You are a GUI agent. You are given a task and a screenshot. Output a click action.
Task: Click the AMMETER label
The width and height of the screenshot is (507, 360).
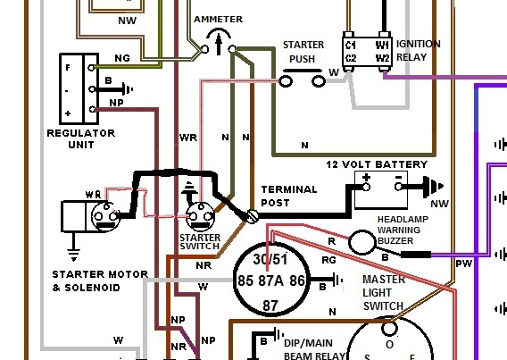tap(219, 20)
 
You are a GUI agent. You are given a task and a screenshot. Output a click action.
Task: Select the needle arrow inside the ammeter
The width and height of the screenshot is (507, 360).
tap(219, 44)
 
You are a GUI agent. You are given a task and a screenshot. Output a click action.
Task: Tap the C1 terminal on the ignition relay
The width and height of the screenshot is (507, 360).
tap(351, 45)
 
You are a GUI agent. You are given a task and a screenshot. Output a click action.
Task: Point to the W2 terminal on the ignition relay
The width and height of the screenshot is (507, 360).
tap(382, 58)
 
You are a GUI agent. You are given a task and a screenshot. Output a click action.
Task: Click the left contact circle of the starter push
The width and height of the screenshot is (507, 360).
tap(286, 81)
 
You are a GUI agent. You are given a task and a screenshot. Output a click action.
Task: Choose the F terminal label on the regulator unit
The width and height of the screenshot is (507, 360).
tap(68, 68)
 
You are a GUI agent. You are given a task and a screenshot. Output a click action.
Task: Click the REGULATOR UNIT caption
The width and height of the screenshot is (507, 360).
tap(81, 138)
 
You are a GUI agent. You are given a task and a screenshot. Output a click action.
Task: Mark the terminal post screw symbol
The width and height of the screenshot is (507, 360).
tap(253, 216)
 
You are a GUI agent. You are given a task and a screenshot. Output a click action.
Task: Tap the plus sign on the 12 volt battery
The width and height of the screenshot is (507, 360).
tap(366, 177)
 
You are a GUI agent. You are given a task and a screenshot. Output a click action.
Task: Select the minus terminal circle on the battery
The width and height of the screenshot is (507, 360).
tap(398, 187)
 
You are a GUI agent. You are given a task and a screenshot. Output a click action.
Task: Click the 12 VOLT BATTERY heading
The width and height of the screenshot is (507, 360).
tap(377, 164)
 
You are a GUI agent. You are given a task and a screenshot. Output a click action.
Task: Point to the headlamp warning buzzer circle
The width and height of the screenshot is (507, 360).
tap(362, 242)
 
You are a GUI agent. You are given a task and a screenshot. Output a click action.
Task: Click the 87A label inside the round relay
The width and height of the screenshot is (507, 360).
tap(271, 280)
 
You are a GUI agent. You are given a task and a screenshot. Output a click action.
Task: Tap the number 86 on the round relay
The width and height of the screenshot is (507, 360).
tap(297, 280)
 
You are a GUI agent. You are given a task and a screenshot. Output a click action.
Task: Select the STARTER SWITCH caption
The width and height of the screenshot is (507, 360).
tap(200, 242)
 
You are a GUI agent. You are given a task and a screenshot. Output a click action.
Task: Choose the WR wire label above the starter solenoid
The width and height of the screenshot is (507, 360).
tap(93, 195)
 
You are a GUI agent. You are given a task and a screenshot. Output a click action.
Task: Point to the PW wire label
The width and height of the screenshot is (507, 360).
tap(464, 264)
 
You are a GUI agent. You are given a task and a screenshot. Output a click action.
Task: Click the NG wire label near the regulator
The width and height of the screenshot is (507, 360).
tap(122, 58)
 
